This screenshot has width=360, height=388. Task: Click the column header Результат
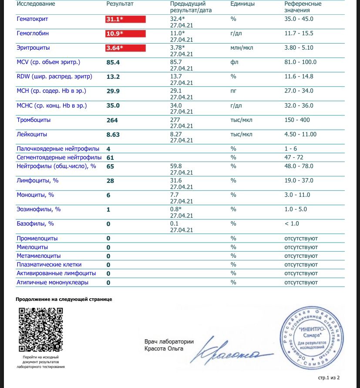click(120, 3)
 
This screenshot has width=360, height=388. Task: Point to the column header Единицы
click(242, 3)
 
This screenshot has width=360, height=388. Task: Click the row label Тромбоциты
click(34, 120)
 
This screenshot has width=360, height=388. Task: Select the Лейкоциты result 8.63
click(113, 135)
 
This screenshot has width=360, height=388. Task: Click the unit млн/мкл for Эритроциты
click(242, 48)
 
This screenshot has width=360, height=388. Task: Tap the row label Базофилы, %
click(35, 224)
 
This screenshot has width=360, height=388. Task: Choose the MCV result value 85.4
click(113, 62)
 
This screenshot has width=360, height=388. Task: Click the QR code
click(40, 330)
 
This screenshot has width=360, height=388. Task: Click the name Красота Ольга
click(164, 348)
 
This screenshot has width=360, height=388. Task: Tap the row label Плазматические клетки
click(49, 264)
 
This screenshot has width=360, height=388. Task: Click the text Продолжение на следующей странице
click(64, 300)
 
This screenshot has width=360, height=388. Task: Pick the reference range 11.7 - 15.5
click(299, 34)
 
